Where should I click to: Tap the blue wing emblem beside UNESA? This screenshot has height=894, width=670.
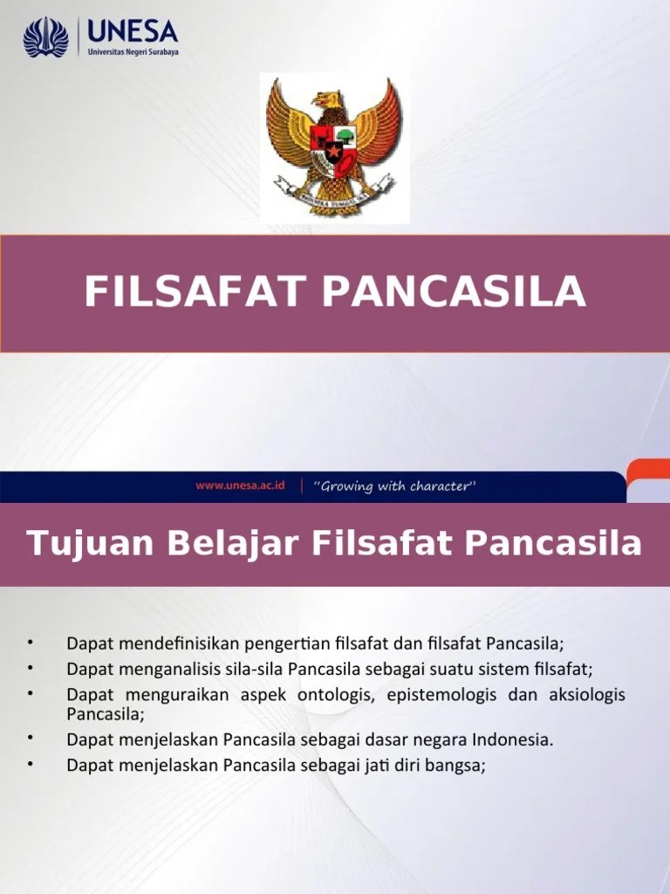tap(45, 38)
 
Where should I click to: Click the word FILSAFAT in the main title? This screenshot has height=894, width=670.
tap(197, 292)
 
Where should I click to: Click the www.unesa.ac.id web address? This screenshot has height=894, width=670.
tap(241, 486)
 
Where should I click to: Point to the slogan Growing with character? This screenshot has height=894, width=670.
tap(394, 486)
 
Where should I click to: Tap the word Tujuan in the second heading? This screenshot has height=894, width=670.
tap(75, 544)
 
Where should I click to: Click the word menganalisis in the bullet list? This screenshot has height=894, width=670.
tap(173, 670)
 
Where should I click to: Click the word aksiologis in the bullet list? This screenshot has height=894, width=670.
tap(586, 695)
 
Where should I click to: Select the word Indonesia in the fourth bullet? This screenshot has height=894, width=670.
tap(513, 740)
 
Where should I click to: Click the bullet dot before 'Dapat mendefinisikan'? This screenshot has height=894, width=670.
tap(29, 643)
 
